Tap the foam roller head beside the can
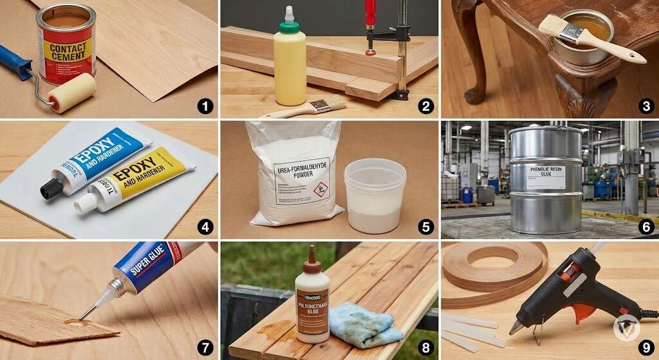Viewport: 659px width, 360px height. point(72,93)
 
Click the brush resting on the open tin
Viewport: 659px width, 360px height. point(589,39)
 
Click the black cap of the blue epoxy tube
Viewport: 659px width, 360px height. point(51,188)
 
